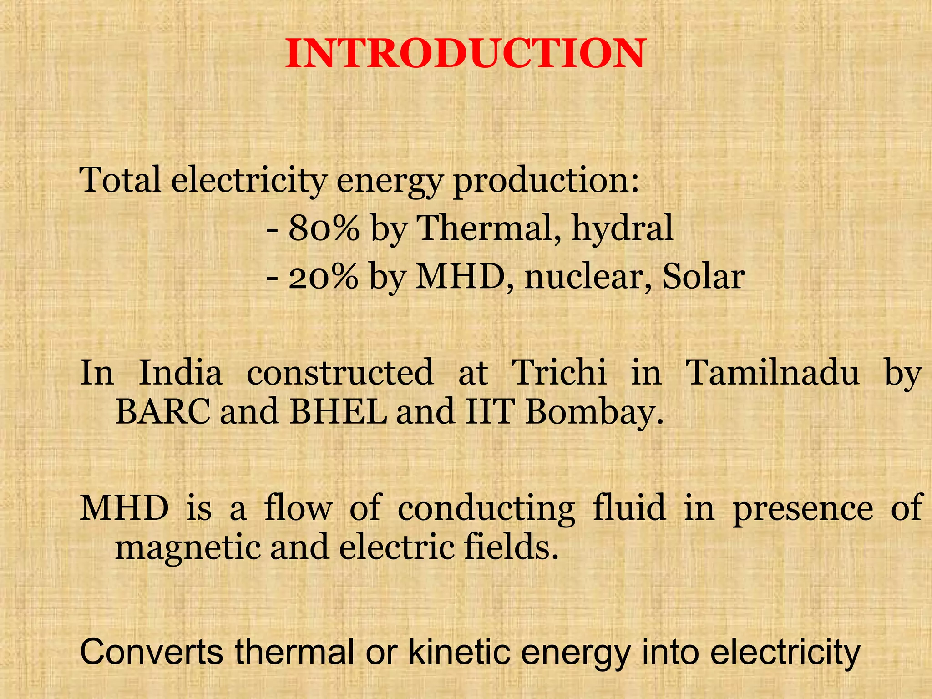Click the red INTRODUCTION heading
point(466,54)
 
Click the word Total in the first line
point(120,180)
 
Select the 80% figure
point(324,228)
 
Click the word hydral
point(622,228)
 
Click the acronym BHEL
point(338,411)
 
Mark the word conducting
point(486,509)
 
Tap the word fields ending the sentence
point(510,547)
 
